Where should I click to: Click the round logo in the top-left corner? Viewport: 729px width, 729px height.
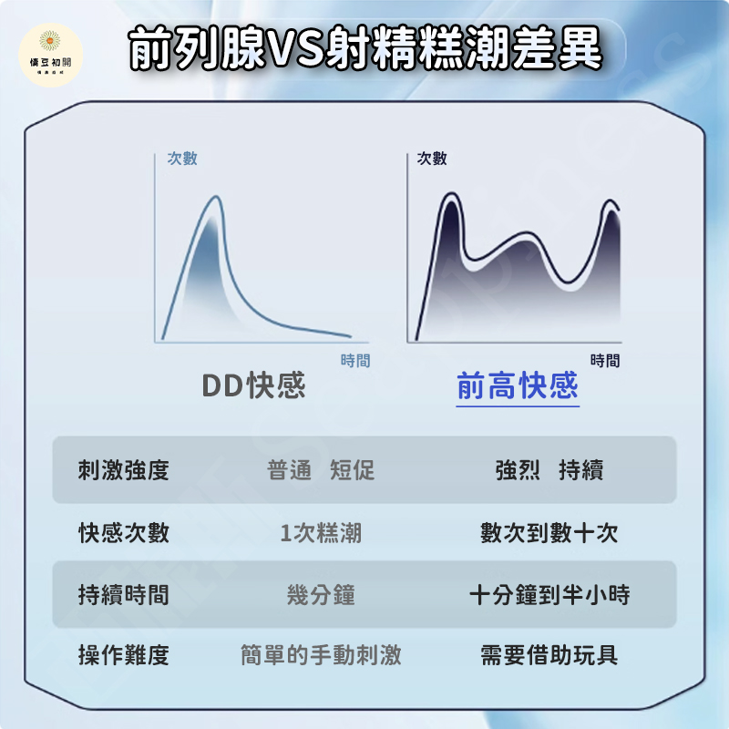(51, 55)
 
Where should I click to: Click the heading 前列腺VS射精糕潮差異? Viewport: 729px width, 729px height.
(365, 48)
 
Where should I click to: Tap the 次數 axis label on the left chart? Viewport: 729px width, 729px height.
(182, 159)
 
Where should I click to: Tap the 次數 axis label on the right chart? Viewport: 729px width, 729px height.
(431, 159)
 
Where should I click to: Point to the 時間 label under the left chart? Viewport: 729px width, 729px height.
(355, 360)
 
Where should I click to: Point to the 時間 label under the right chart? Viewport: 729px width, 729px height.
(605, 360)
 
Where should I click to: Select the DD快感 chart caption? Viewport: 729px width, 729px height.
(254, 385)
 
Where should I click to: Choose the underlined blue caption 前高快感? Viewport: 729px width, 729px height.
(518, 385)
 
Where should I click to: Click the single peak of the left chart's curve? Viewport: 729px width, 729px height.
(216, 197)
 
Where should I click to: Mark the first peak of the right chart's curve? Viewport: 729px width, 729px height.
(450, 193)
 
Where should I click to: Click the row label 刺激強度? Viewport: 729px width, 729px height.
(124, 469)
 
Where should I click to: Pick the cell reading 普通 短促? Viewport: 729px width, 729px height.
(321, 469)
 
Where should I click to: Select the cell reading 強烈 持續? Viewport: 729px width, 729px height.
(549, 469)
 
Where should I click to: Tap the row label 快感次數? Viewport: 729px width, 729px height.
(124, 532)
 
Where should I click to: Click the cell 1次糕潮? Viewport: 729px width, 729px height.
(321, 532)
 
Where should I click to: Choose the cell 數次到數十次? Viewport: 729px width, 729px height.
(549, 532)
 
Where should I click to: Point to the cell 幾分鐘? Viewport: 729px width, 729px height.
(321, 595)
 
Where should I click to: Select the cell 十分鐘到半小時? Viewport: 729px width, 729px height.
(549, 595)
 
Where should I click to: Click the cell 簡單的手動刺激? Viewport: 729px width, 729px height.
(321, 655)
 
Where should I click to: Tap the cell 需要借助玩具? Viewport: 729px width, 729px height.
(549, 655)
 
